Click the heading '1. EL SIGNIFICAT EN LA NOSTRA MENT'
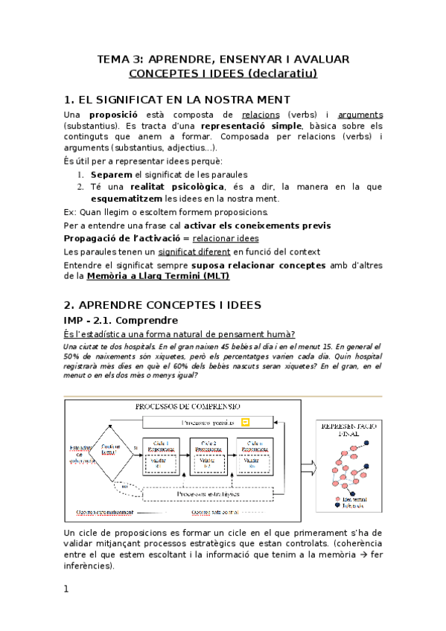tap(177, 100)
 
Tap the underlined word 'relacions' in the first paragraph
tap(261, 115)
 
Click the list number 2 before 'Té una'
tap(81, 187)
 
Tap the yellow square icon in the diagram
tap(246, 423)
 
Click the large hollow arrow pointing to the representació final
tap(308, 467)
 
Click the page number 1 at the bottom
tap(66, 589)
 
